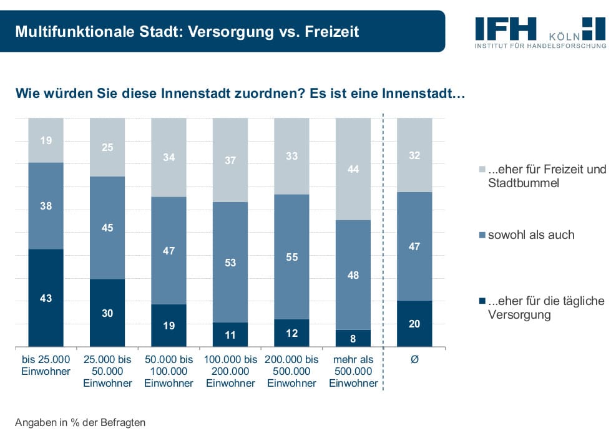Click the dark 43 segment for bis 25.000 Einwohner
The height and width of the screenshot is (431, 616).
click(x=46, y=298)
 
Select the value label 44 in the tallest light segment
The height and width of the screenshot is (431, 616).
click(x=353, y=168)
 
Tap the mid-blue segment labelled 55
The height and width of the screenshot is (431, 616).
click(x=291, y=256)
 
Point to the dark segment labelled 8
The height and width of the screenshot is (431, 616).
click(x=353, y=338)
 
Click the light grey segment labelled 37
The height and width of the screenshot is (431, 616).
click(x=230, y=160)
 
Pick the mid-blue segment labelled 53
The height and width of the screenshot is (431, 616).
click(x=230, y=262)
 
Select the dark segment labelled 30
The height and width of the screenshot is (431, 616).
click(x=107, y=312)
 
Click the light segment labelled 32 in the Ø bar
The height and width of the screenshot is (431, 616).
click(x=414, y=155)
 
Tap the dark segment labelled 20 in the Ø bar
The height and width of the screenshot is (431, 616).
click(x=414, y=323)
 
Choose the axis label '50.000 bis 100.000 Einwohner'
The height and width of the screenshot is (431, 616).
click(x=169, y=371)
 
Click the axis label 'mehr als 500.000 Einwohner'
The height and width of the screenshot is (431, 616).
click(x=353, y=371)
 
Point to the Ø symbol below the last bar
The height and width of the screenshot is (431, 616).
click(x=414, y=360)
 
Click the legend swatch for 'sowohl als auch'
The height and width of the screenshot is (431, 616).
click(x=481, y=235)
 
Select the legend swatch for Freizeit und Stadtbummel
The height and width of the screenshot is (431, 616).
click(x=481, y=170)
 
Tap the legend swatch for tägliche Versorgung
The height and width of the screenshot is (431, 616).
click(x=481, y=301)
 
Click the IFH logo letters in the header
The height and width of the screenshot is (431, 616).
click(x=506, y=28)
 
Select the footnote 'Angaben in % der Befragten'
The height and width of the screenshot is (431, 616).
click(x=80, y=422)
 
